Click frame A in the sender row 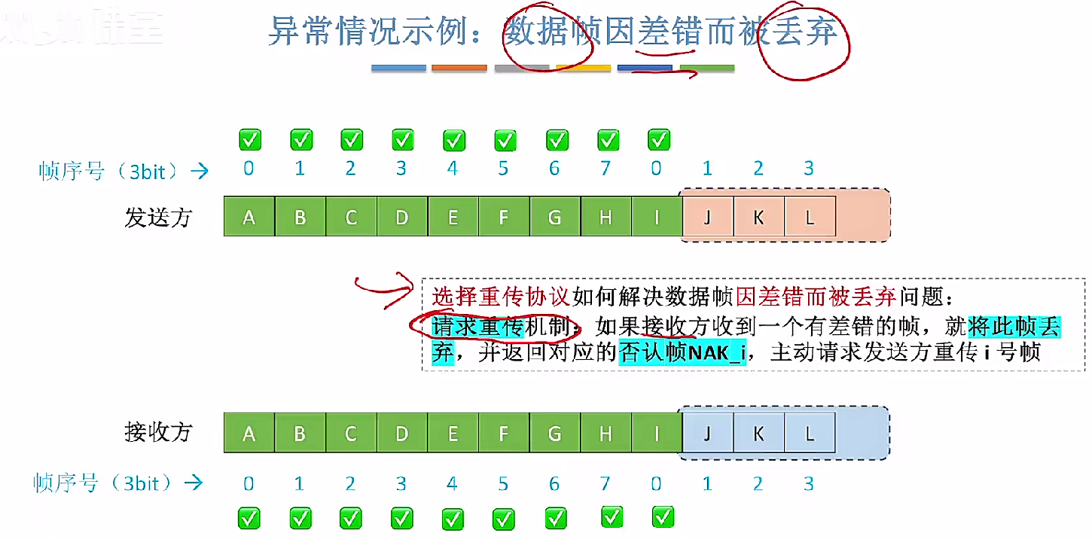pos(249,218)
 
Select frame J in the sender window pos(707,218)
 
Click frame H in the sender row pos(605,218)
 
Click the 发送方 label pos(158,218)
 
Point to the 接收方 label pos(158,432)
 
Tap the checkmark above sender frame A pos(249,139)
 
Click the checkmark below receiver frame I pos(663,516)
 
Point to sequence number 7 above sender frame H pos(605,169)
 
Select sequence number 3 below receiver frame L pos(809,483)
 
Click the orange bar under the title pos(459,68)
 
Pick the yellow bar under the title pos(583,68)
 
